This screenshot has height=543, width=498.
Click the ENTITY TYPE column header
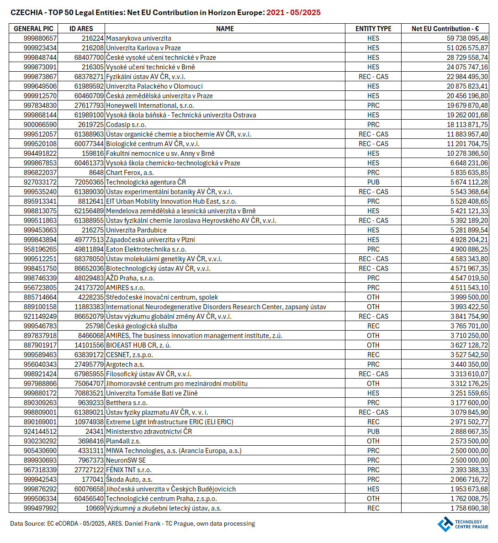tap(373, 29)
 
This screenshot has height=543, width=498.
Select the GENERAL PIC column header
tap(33, 29)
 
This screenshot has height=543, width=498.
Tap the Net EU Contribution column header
tap(445, 29)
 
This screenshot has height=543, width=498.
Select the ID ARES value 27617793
tap(89, 105)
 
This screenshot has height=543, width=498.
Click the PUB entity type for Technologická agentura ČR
tap(373, 182)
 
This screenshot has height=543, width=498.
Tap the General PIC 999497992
tap(40, 508)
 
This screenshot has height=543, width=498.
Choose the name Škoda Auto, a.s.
tap(129, 480)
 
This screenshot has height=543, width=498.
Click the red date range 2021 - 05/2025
tap(293, 13)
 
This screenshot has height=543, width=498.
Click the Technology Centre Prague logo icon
tap(445, 524)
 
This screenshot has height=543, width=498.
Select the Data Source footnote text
tap(132, 524)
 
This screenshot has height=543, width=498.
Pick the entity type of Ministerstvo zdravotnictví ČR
tap(373, 432)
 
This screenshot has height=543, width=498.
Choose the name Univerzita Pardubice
tap(136, 230)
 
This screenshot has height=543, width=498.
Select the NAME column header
tap(225, 29)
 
